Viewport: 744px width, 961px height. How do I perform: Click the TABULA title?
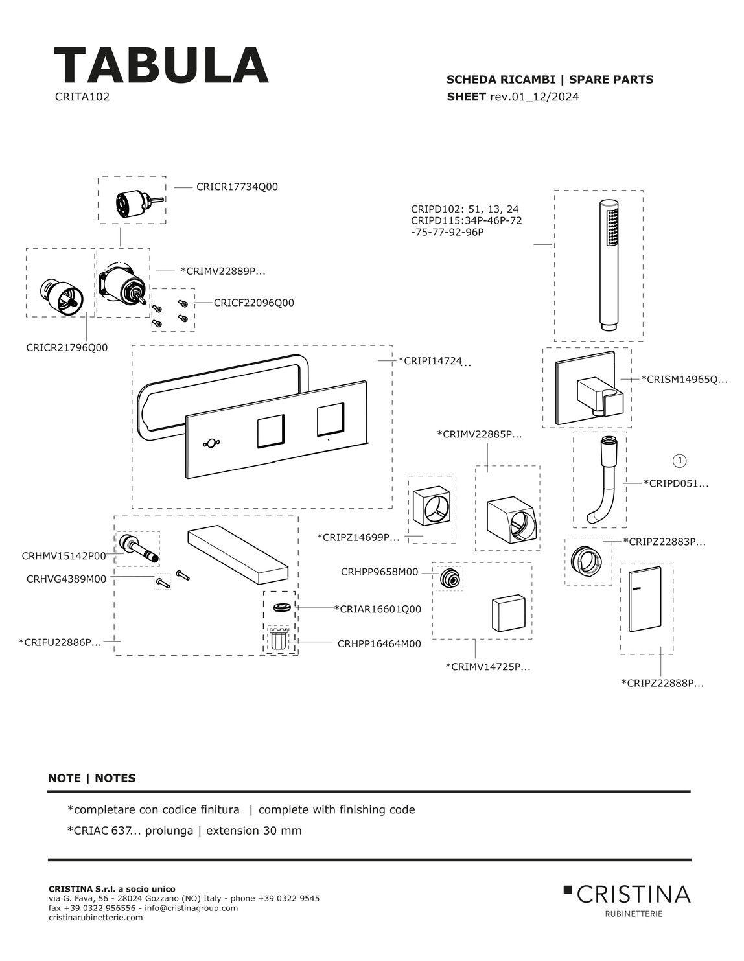pos(161,65)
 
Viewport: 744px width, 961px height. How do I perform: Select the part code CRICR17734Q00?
pos(237,187)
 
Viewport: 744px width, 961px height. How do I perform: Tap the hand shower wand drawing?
pos(609,264)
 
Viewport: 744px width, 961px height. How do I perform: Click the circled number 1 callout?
pos(680,461)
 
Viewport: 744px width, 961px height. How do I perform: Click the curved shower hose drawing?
pos(602,481)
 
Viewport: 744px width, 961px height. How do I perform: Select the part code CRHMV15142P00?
pos(64,556)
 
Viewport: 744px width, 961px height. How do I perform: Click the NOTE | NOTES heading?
pos(91,778)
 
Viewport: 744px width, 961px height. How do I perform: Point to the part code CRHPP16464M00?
pos(379,644)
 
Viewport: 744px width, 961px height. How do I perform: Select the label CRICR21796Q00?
pos(67,348)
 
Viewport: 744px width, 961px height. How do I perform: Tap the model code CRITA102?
pos(82,97)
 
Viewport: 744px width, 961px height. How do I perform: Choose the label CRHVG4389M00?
pos(66,579)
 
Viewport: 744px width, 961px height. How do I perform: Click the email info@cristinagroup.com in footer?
pos(191,908)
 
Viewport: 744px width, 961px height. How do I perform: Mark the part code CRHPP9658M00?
pos(379,572)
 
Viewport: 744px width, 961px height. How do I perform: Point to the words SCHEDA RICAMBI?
pos(500,80)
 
